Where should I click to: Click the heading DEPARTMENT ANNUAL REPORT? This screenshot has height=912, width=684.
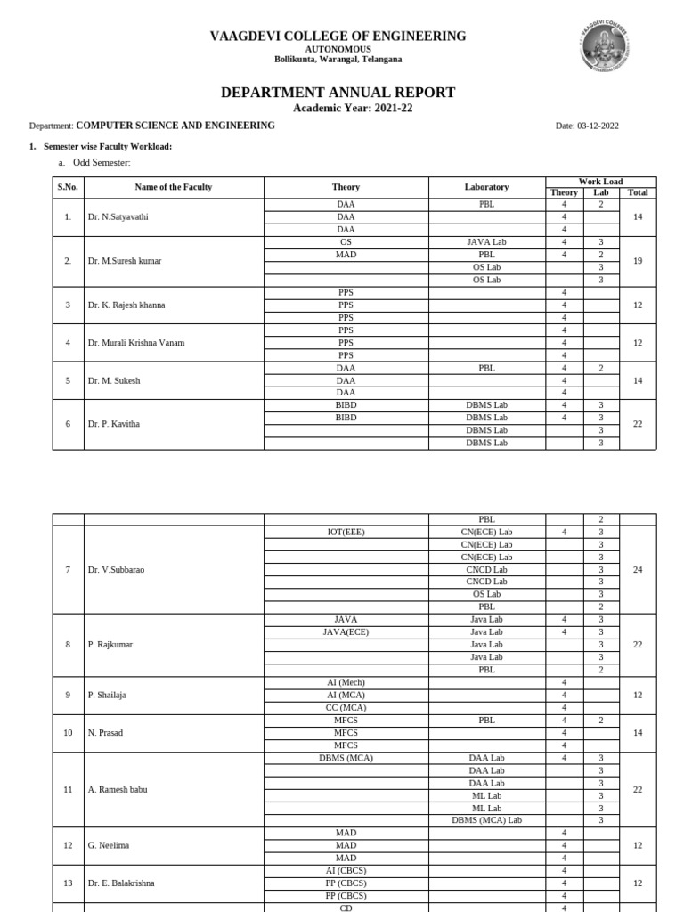click(x=338, y=93)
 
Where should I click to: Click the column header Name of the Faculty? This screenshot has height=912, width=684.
click(x=174, y=187)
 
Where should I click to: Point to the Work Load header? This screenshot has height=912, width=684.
click(x=600, y=182)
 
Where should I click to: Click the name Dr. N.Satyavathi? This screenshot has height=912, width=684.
click(x=118, y=216)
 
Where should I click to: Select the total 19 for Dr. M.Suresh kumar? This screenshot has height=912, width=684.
click(x=637, y=261)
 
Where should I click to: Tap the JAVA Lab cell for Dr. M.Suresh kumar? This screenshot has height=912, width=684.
click(x=486, y=242)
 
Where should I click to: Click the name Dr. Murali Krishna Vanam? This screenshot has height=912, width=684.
click(x=136, y=343)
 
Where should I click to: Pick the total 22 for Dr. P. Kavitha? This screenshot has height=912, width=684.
click(x=637, y=424)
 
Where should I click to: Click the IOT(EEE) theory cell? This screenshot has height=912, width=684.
click(x=346, y=533)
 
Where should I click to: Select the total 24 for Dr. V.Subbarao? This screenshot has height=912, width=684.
click(x=637, y=570)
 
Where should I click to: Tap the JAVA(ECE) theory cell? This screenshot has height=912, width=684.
click(x=346, y=632)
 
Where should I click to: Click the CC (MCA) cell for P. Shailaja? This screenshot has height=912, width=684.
click(x=346, y=708)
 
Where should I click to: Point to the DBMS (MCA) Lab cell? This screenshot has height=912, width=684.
click(x=486, y=820)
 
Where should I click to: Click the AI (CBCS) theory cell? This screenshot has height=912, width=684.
click(x=346, y=870)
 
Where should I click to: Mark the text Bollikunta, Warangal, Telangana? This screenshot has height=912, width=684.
click(x=338, y=60)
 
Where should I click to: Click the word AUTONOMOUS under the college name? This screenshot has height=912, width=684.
click(x=338, y=49)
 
